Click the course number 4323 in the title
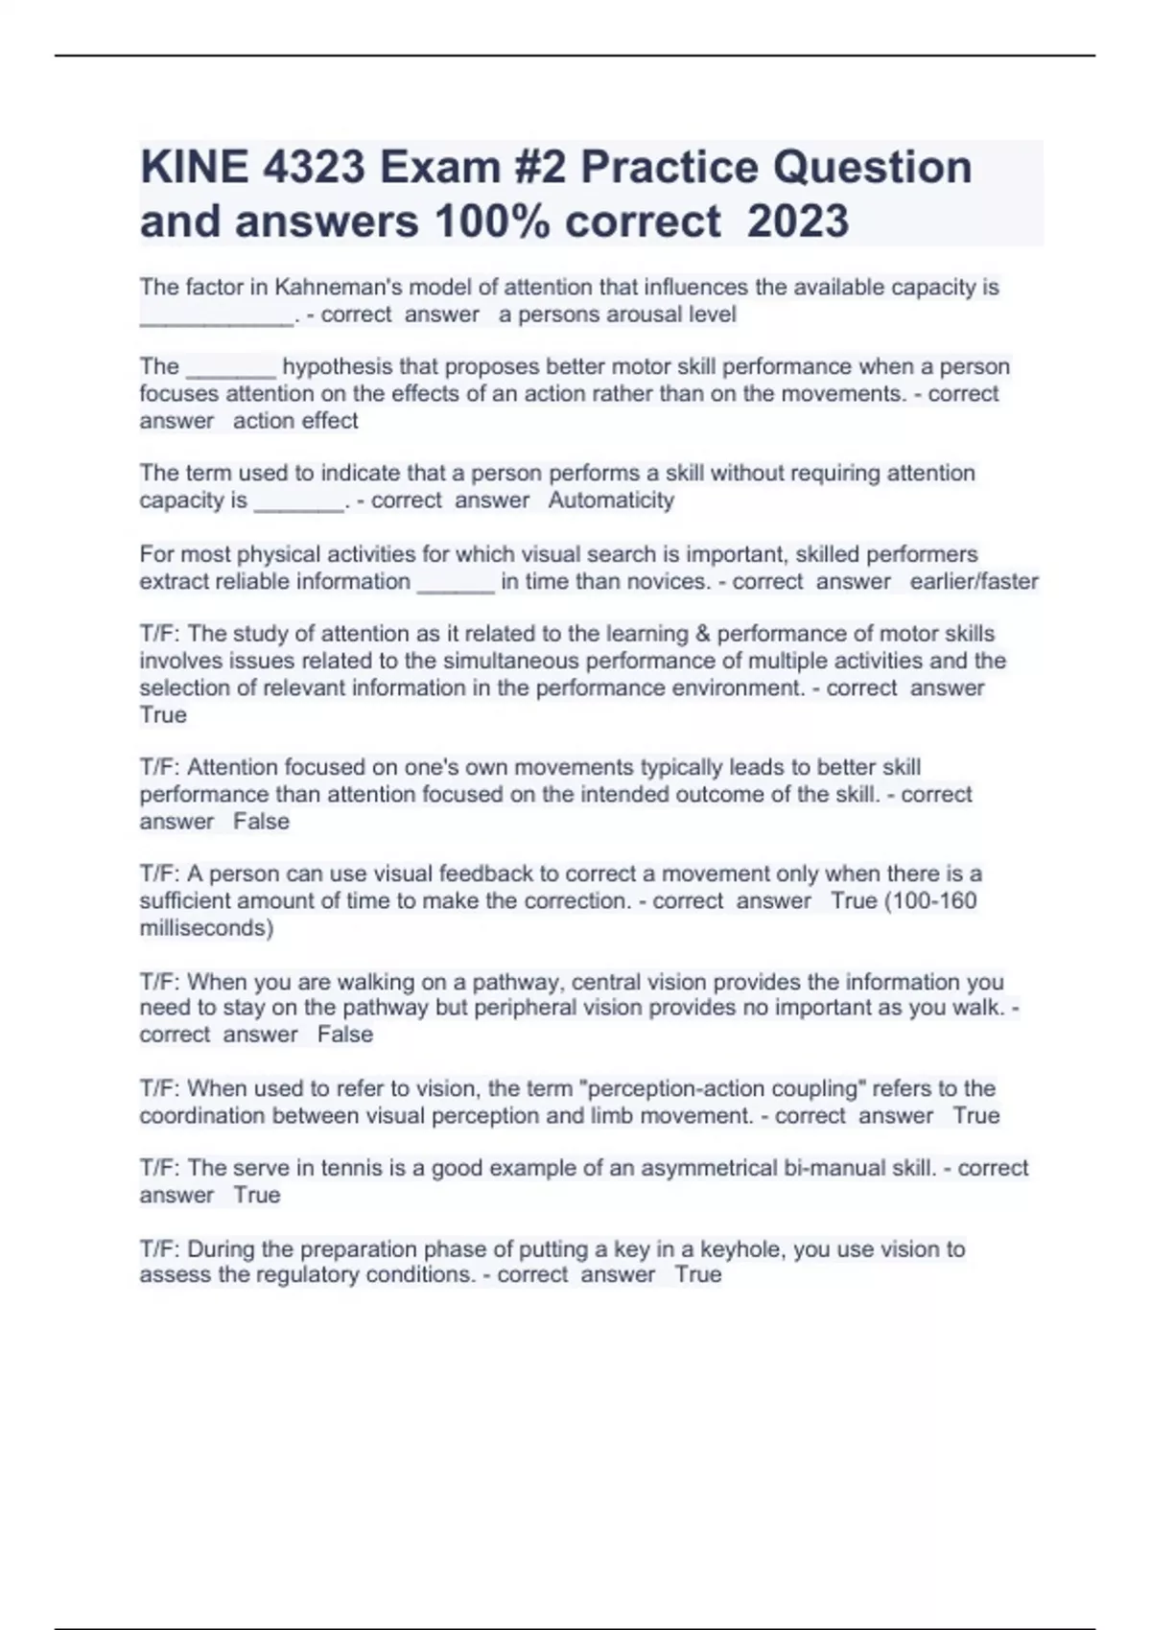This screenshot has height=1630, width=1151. (x=314, y=168)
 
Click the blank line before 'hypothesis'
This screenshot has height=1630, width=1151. (x=231, y=367)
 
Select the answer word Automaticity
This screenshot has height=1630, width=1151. (x=611, y=501)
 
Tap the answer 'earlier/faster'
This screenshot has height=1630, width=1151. (x=974, y=581)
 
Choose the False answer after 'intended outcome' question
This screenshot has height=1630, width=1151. (x=261, y=822)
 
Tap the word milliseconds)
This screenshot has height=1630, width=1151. (x=206, y=928)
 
